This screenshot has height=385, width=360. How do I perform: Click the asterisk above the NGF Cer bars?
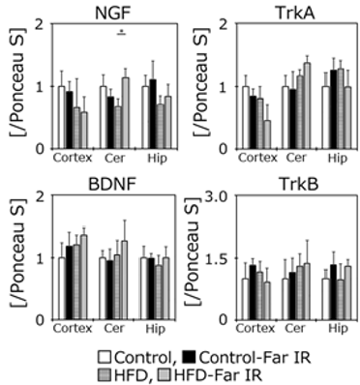click(x=121, y=32)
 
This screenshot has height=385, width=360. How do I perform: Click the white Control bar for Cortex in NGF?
click(x=61, y=117)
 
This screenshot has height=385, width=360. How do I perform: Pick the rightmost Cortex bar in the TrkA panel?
click(x=266, y=133)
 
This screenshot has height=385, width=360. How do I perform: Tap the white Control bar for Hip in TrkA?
click(x=327, y=117)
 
